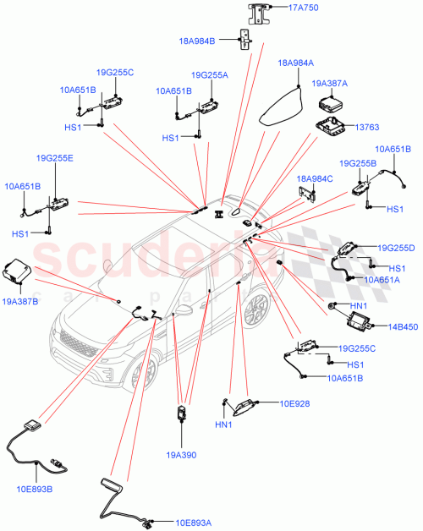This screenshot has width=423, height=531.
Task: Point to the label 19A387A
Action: [330, 84]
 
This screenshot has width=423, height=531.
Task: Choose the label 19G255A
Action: [210, 75]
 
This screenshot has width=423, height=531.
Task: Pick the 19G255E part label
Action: [54, 158]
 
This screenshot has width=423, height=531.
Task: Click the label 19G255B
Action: [357, 163]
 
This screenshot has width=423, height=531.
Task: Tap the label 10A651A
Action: [382, 279]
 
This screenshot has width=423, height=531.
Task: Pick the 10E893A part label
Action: [195, 523]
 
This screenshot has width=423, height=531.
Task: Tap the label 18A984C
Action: [315, 179]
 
